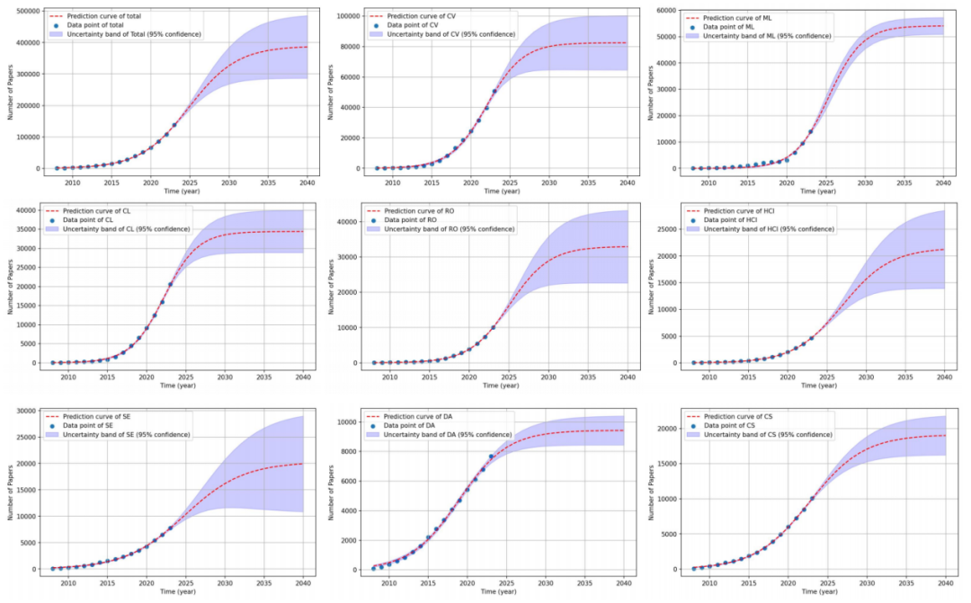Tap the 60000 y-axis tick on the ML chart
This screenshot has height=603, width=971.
pyautogui.click(x=666, y=12)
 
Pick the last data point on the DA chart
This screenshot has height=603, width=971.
pyautogui.click(x=491, y=457)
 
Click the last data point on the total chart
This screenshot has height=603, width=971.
pyautogui.click(x=174, y=125)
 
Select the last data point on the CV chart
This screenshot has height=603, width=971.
pyautogui.click(x=494, y=92)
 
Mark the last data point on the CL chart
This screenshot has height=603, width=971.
pyautogui.click(x=170, y=285)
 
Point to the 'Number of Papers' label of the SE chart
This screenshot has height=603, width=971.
pyautogui.click(x=9, y=492)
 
